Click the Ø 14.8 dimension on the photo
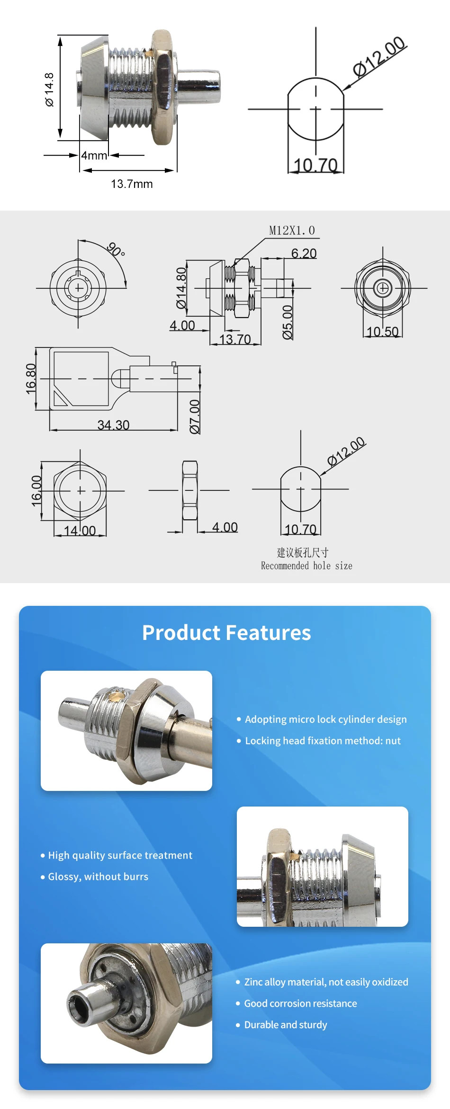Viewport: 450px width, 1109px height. [x=49, y=89]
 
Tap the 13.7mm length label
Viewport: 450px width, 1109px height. [x=132, y=184]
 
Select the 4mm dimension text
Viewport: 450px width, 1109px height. [x=94, y=155]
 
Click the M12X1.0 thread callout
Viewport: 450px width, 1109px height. [x=292, y=231]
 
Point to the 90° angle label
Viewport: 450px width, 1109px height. [x=116, y=249]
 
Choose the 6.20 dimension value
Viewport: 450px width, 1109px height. [x=304, y=254]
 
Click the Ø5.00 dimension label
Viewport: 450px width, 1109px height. [x=288, y=322]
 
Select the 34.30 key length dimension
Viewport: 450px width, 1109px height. [x=113, y=425]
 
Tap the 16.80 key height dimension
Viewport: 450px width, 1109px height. [x=31, y=379]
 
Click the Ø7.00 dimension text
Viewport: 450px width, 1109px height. [x=195, y=416]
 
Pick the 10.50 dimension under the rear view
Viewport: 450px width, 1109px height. [x=382, y=331]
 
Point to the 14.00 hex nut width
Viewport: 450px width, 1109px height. [x=80, y=531]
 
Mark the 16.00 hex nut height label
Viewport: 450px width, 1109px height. [x=36, y=491]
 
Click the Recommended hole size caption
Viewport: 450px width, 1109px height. [x=306, y=566]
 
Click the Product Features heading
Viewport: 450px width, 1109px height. [x=226, y=632]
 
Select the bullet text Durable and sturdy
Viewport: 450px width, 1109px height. [x=285, y=1024]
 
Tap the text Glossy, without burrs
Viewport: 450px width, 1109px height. [x=98, y=876]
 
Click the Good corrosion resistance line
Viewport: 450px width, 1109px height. [x=300, y=1003]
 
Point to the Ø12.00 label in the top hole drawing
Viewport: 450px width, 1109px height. [x=379, y=57]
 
